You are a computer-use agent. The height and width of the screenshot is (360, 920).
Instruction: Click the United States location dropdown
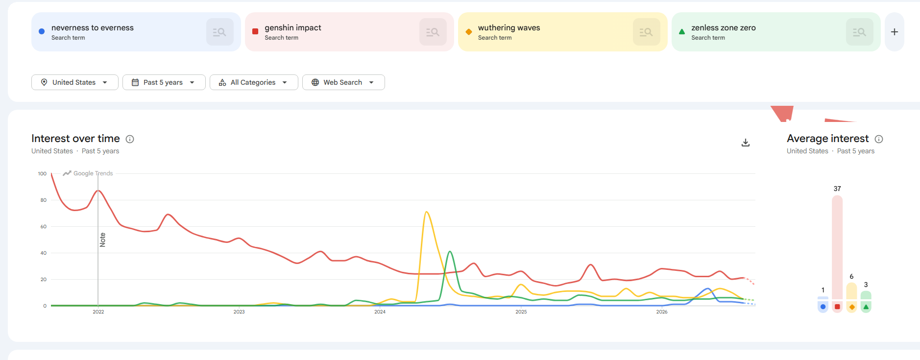(75, 82)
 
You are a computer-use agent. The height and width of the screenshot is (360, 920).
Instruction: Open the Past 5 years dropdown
(164, 82)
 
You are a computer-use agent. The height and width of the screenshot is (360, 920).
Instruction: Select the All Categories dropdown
(254, 82)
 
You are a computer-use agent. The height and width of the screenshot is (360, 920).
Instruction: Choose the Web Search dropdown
(343, 82)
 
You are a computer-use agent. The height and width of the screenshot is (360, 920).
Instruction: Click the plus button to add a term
(895, 32)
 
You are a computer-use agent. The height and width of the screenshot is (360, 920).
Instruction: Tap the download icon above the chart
(746, 143)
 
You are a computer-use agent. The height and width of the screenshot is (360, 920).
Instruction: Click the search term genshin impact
(293, 28)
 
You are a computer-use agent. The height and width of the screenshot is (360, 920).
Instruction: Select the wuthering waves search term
(509, 28)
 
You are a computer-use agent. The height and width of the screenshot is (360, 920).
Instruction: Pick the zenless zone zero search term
(724, 28)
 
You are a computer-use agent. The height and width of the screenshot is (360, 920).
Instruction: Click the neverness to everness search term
(93, 28)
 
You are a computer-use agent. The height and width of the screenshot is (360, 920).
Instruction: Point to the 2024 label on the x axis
(380, 312)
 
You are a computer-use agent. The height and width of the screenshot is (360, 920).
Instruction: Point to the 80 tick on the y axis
(44, 200)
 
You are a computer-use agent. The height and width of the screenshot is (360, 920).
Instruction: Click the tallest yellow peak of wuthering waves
(427, 212)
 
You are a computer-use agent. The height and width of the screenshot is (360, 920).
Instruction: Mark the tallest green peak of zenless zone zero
(450, 252)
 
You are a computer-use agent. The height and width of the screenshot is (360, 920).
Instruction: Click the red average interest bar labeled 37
(837, 247)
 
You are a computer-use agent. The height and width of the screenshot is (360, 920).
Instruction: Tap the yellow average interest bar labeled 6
(851, 291)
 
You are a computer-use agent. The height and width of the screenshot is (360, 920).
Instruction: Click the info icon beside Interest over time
(130, 139)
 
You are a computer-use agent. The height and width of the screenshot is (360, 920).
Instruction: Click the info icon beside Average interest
(879, 139)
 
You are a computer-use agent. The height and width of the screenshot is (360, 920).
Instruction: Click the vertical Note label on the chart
(102, 240)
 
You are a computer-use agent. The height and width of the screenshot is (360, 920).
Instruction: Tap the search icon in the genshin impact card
(433, 32)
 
